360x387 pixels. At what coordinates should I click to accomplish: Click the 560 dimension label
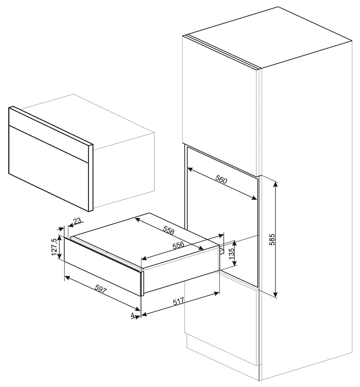pos(221,179)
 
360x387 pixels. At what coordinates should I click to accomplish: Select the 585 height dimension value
pos(272,239)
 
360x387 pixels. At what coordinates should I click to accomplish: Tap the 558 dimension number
pos(169,230)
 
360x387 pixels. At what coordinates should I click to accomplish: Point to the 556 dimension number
pos(178,245)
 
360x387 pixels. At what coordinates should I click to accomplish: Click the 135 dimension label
pos(231,253)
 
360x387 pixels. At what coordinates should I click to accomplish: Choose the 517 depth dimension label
pos(178,301)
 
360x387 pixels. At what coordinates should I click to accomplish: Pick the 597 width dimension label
pos(100,288)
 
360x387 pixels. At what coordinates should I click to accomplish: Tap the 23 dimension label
pos(77,220)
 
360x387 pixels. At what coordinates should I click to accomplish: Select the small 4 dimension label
pos(133,315)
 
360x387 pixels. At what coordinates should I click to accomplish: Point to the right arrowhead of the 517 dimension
pos(216,293)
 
